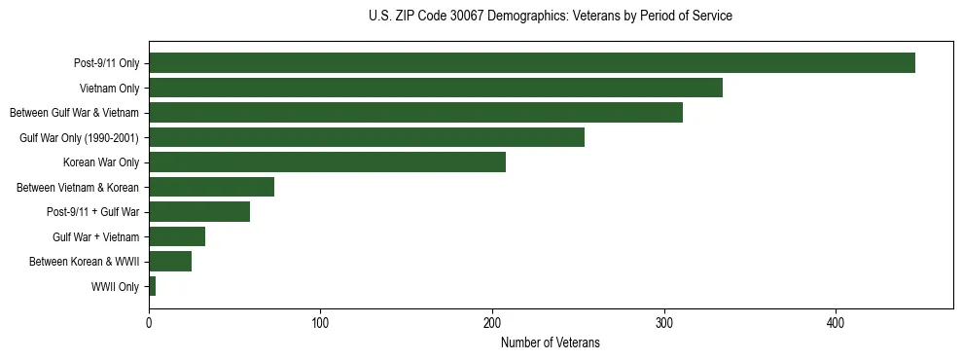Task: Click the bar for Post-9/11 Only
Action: [x=532, y=63]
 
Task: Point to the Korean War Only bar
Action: [x=327, y=162]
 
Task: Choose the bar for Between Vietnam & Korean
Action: [x=211, y=187]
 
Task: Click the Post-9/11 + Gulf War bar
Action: [x=199, y=212]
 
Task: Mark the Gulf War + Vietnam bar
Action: [x=177, y=236]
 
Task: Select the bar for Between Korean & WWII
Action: [x=170, y=261]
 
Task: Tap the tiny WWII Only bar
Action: [x=152, y=286]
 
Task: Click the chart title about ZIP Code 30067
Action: [x=551, y=17]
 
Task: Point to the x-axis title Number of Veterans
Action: [x=551, y=342]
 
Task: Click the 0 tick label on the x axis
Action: [x=149, y=322]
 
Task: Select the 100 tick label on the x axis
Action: [x=321, y=322]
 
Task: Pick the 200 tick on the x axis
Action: [x=492, y=322]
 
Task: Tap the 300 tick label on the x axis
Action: [x=664, y=322]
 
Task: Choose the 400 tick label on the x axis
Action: [x=836, y=322]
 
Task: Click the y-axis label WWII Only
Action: [x=116, y=286]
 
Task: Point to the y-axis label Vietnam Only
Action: [x=109, y=88]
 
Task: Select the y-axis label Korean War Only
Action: [x=101, y=162]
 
